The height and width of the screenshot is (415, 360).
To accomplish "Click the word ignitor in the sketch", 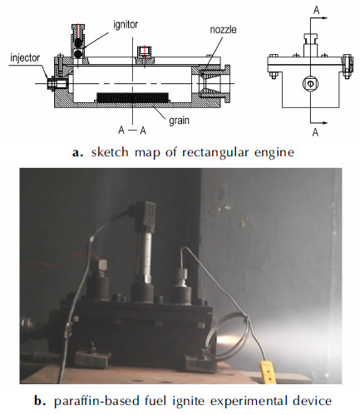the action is [x=126, y=25].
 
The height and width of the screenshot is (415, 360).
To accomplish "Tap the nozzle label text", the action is [x=223, y=30].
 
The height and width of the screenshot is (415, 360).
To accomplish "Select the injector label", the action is [x=25, y=58].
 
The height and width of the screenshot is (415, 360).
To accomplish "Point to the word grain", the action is [x=180, y=121].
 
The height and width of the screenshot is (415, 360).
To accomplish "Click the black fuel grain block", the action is [x=132, y=97].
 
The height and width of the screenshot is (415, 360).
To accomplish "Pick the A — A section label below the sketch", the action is [x=132, y=130].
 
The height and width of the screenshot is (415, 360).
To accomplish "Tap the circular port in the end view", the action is [x=310, y=83].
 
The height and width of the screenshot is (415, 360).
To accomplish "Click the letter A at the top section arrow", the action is [x=316, y=10].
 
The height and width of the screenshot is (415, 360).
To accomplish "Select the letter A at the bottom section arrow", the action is [x=315, y=132].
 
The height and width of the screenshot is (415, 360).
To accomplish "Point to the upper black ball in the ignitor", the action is [x=78, y=42].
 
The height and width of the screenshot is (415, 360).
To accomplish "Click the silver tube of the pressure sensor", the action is [x=145, y=255].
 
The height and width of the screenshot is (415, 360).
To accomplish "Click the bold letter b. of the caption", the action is [x=40, y=401].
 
